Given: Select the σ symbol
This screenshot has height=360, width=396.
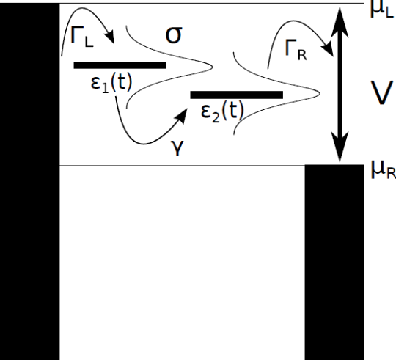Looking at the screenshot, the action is [x=174, y=35].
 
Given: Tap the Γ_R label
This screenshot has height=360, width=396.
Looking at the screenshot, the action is [x=296, y=50].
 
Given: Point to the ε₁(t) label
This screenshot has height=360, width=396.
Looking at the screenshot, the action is [x=111, y=83].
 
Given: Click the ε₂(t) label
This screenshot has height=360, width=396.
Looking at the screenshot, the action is [x=222, y=111].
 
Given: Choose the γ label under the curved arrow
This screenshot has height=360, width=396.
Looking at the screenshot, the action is [x=178, y=148].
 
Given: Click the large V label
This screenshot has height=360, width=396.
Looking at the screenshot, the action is [x=382, y=92].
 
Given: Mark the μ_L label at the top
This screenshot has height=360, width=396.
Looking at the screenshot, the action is [x=382, y=10].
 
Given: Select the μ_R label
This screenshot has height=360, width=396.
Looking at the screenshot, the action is [x=383, y=169].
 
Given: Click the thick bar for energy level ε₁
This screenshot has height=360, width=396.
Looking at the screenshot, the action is [x=120, y=65].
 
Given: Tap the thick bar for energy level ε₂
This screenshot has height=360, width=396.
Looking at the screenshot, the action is [x=236, y=95].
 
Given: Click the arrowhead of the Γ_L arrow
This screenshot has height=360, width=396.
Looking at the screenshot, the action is [x=111, y=37].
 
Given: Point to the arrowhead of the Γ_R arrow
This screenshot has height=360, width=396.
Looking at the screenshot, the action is [x=328, y=49].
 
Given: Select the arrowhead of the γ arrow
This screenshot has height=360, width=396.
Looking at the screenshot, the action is [x=180, y=115].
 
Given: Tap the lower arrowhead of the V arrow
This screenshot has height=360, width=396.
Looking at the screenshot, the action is [x=340, y=147].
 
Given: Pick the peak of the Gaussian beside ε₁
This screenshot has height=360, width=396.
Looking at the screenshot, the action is [x=212, y=67].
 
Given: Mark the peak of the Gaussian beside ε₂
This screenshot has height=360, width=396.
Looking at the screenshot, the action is [x=320, y=94].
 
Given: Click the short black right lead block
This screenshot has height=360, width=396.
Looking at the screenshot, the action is [x=334, y=262].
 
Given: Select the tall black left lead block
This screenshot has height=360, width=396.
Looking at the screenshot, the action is [x=30, y=182].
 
